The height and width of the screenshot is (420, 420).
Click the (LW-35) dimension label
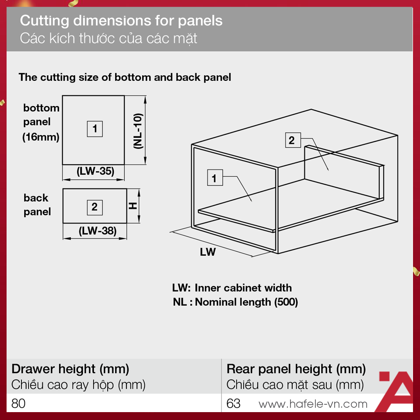tap(95, 171)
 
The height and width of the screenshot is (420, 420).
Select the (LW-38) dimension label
tap(98, 231)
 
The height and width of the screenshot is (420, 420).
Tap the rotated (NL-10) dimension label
tap(138, 131)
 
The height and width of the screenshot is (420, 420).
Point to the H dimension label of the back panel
tap(133, 206)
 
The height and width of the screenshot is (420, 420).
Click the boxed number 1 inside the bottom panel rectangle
tap(95, 129)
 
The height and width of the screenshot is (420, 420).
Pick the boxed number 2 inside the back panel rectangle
tap(95, 207)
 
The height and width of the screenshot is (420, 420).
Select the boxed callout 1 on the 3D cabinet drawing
tap(215, 178)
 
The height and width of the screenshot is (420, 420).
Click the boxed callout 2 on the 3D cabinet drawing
tap(293, 140)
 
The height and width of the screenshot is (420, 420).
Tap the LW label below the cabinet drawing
tap(207, 252)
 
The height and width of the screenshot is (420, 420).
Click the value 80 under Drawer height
tap(18, 403)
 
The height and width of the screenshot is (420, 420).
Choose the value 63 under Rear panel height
tap(233, 403)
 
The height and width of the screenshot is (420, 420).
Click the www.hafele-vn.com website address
tap(313, 404)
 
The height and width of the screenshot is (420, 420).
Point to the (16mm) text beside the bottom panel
tap(41, 137)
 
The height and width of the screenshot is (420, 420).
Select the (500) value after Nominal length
tap(286, 302)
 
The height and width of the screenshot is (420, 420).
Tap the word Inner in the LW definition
tap(207, 288)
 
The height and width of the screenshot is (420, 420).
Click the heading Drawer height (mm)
tap(70, 369)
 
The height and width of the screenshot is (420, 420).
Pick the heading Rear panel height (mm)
tap(296, 369)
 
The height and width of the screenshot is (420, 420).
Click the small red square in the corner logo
tap(384, 376)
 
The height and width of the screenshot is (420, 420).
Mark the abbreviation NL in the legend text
tap(180, 302)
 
